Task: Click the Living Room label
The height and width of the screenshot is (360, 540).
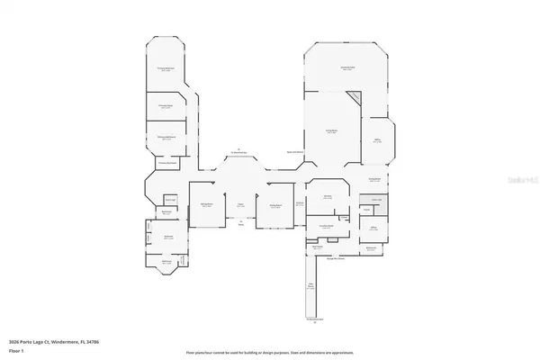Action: pos(331,131)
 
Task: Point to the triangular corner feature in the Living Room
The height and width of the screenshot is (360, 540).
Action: pos(354,98)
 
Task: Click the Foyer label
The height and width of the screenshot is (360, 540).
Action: pos(240,205)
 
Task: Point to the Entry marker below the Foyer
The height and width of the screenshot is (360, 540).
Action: pos(240,224)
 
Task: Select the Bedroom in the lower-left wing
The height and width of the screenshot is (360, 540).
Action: pos(167,238)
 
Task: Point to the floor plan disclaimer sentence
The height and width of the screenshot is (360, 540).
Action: pos(269,351)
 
